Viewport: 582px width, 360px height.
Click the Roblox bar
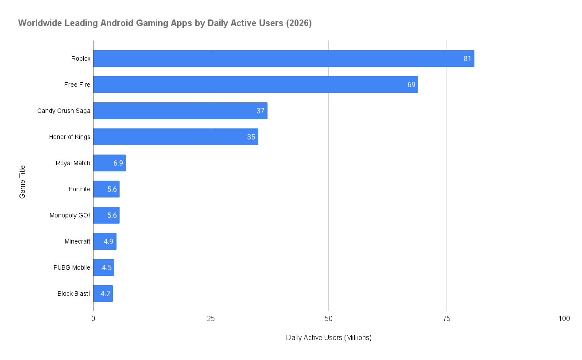pyautogui.click(x=283, y=58)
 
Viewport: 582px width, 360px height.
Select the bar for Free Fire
pyautogui.click(x=256, y=85)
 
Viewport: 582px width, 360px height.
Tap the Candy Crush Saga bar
pyautogui.click(x=180, y=111)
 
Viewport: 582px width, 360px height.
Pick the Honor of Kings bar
pyautogui.click(x=175, y=137)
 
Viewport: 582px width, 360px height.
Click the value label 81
pyautogui.click(x=467, y=58)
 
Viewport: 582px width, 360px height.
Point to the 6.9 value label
pyautogui.click(x=118, y=163)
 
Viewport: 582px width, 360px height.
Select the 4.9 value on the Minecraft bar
pyautogui.click(x=109, y=241)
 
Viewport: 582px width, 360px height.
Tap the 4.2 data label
pyautogui.click(x=105, y=294)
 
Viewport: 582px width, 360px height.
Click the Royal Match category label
pyautogui.click(x=73, y=163)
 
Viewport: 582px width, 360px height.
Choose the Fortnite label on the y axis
pyautogui.click(x=79, y=189)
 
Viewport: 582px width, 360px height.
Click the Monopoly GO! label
pyautogui.click(x=70, y=215)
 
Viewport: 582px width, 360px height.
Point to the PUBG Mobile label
pyautogui.click(x=72, y=267)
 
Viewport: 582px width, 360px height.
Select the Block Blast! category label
pyautogui.click(x=74, y=294)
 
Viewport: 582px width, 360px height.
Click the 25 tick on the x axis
pyautogui.click(x=211, y=319)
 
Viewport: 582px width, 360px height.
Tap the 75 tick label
pyautogui.click(x=446, y=319)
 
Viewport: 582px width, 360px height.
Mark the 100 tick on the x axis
pyautogui.click(x=564, y=319)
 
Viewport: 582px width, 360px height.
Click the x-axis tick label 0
pyautogui.click(x=93, y=319)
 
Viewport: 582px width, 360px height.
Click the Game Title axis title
pyautogui.click(x=22, y=182)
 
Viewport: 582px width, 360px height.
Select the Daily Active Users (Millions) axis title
pyautogui.click(x=329, y=337)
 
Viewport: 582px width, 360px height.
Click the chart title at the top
pyautogui.click(x=165, y=23)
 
